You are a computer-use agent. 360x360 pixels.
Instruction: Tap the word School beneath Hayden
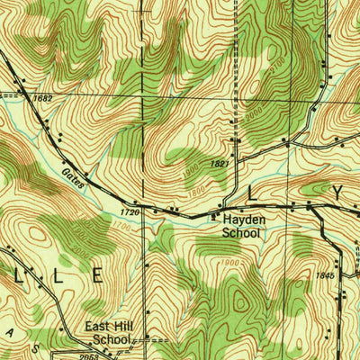(241, 232)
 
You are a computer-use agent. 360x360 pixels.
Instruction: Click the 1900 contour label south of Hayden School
(229, 262)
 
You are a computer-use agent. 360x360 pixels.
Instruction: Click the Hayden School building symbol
(213, 217)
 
